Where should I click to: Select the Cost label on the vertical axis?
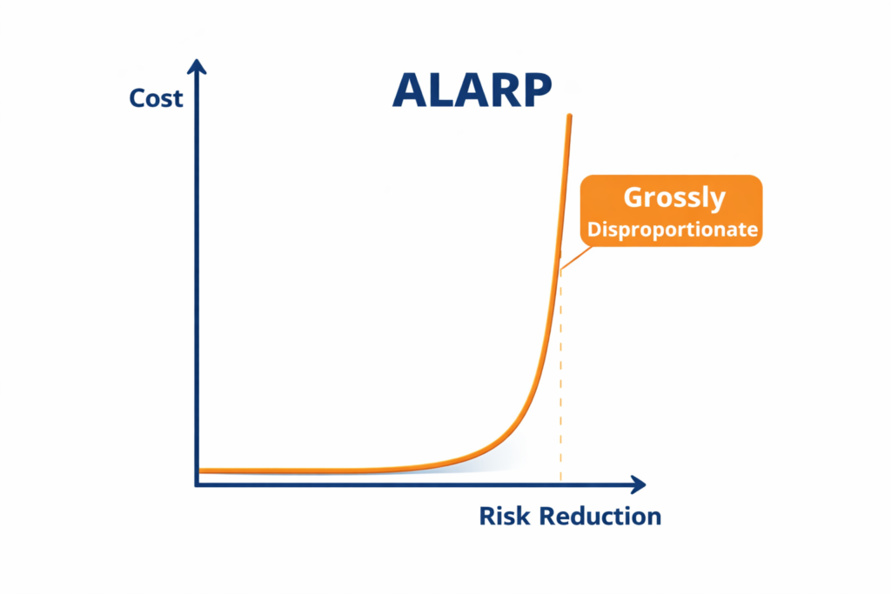[156, 98]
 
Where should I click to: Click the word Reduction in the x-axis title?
[600, 516]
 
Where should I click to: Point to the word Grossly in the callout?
[673, 197]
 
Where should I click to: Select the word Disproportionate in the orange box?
[672, 230]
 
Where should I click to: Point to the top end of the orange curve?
[570, 117]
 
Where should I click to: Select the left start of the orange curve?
[202, 471]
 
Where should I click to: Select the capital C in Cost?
[137, 98]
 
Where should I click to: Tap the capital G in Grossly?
[633, 197]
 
